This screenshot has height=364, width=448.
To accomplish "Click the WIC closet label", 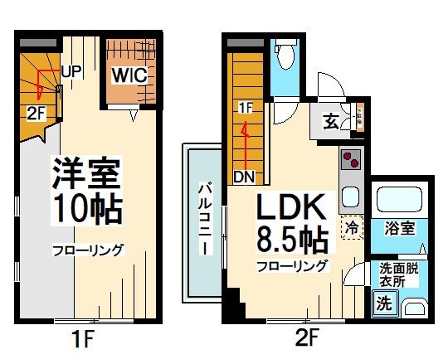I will pos(129,75).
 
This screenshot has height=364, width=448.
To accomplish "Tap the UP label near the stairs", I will pos(70,71).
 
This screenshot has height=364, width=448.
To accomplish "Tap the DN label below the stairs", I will pos(244,176).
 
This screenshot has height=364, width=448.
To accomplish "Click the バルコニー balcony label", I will pos(203,220).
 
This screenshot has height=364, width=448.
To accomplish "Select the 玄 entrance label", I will pos(331,122).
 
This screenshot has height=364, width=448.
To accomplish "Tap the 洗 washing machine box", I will pos(384,303).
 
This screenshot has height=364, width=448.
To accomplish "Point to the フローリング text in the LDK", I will pos(291,266).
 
